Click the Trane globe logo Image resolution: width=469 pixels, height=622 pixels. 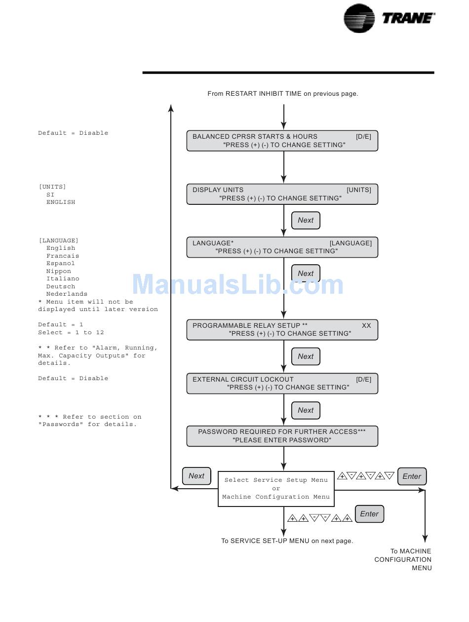click(x=358, y=18)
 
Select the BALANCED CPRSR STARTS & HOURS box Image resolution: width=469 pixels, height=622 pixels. click(x=282, y=141)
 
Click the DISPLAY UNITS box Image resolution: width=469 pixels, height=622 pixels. click(x=282, y=194)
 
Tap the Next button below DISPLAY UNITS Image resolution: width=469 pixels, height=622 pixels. click(x=306, y=220)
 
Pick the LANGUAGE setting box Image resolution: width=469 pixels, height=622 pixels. click(x=282, y=247)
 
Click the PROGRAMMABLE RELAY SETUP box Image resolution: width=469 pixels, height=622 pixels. click(x=282, y=330)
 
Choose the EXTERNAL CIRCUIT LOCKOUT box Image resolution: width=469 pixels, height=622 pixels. click(x=282, y=383)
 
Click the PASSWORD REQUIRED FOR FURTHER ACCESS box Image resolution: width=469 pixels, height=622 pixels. click(x=282, y=436)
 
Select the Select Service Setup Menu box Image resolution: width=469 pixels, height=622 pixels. click(x=276, y=489)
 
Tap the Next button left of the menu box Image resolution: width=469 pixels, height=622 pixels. click(x=196, y=476)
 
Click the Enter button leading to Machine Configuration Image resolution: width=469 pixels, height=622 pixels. click(x=412, y=476)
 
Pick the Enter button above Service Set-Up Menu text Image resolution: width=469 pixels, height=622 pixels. click(x=369, y=514)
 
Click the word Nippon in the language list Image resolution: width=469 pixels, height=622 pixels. click(x=59, y=271)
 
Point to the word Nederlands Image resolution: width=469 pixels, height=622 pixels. click(x=67, y=294)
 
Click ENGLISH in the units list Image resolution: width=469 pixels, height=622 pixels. click(x=61, y=202)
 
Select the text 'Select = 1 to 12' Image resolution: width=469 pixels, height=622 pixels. click(x=71, y=332)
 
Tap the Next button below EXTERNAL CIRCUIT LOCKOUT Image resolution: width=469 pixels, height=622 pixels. click(x=306, y=410)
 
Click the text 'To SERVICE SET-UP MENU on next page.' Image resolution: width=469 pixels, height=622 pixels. click(x=287, y=541)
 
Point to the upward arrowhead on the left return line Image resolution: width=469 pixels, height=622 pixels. click(x=171, y=108)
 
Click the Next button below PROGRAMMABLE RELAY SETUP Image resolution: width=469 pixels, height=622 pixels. click(x=306, y=356)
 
